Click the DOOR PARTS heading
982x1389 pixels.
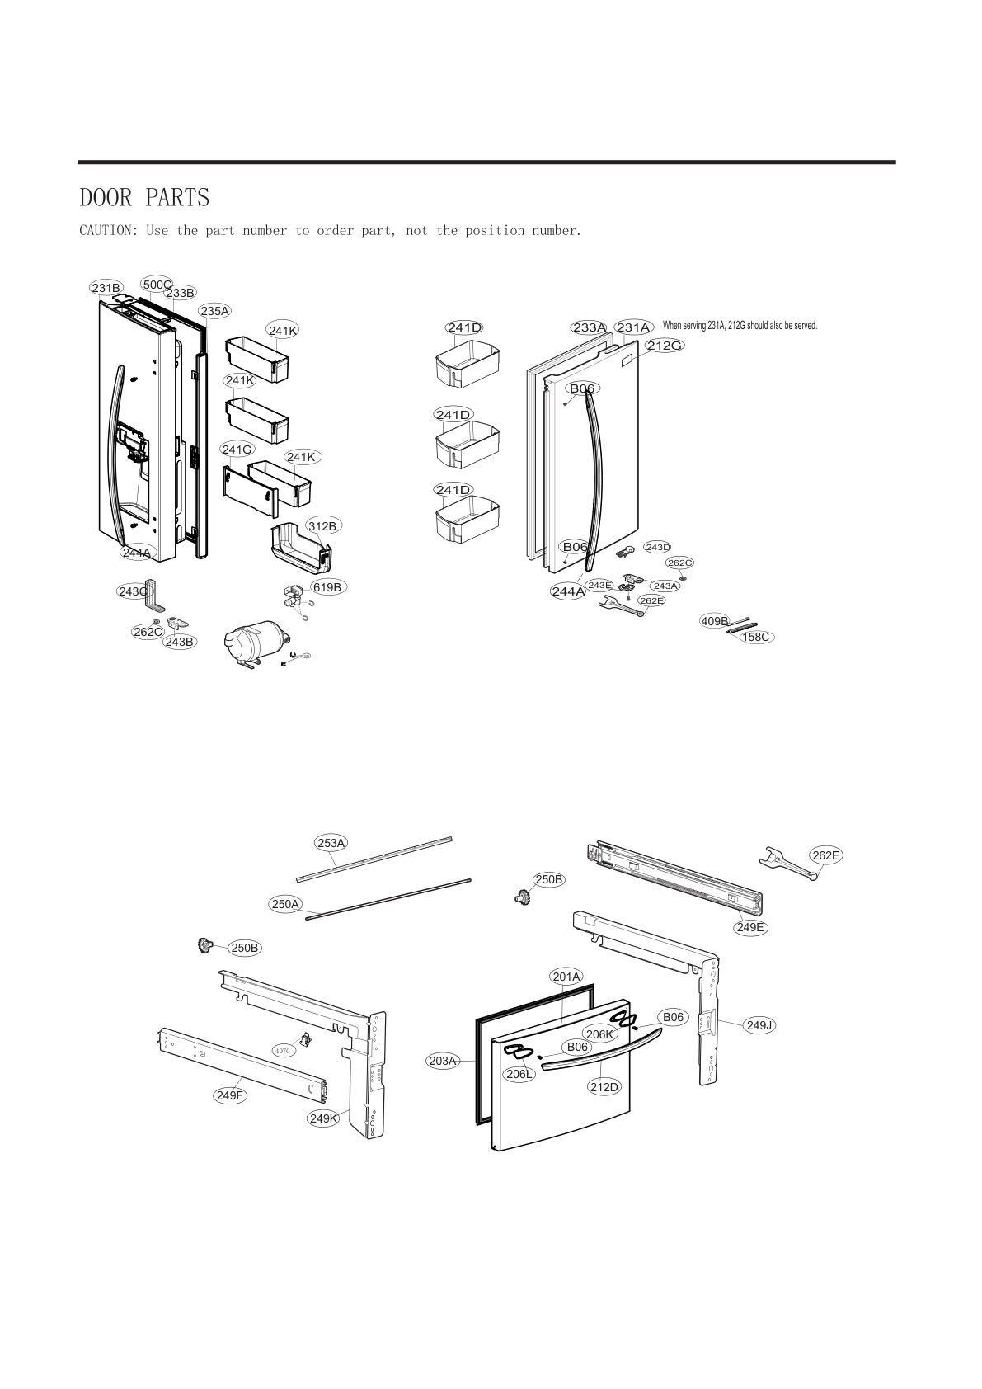144,198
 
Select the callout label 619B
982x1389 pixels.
327,587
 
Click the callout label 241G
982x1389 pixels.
237,450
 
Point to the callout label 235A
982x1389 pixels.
214,311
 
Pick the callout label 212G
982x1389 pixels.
664,346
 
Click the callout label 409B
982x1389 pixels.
715,620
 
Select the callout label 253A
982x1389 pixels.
331,842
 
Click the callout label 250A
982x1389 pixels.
285,904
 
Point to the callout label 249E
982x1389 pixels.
750,927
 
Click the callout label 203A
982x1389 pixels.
443,1061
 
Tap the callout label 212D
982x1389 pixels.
604,1087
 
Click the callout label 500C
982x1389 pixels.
157,285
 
